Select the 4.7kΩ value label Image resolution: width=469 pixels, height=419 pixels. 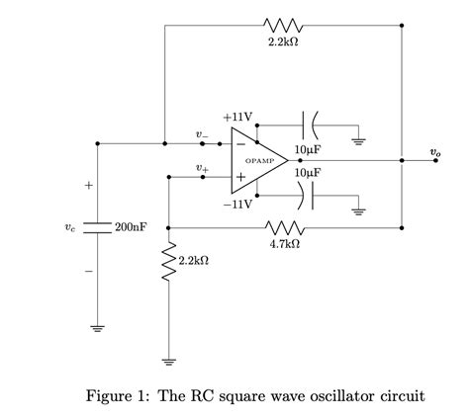click(285, 242)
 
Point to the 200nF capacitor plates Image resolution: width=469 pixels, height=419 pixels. click(96, 226)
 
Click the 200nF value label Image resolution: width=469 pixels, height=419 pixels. click(131, 227)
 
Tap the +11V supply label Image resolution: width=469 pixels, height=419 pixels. click(237, 116)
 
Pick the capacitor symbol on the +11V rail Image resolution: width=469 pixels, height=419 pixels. click(308, 126)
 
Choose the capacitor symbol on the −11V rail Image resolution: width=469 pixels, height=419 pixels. click(308, 196)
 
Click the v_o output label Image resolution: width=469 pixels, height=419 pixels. click(435, 151)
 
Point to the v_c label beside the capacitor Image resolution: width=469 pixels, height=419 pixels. click(68, 227)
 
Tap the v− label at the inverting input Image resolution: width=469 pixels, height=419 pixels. click(202, 132)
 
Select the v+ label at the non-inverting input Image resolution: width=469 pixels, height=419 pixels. click(202, 167)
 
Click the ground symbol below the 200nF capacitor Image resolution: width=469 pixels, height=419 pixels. click(96, 329)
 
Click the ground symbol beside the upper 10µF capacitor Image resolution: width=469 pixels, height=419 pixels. click(358, 142)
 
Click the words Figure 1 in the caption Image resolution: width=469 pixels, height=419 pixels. click(119, 396)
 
